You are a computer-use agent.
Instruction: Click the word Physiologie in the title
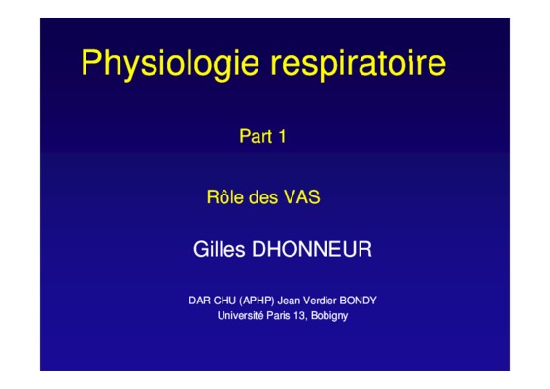[x=170, y=64]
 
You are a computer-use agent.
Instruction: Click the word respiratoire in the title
[x=359, y=64]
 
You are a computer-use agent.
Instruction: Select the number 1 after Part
[x=282, y=136]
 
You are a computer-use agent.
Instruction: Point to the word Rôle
[x=224, y=196]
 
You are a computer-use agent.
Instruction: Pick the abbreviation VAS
[x=302, y=197]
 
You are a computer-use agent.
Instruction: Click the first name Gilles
[x=220, y=249]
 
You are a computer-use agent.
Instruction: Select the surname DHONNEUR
[x=312, y=249]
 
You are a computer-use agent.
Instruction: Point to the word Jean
[x=289, y=301]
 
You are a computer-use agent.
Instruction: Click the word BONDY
[x=359, y=301]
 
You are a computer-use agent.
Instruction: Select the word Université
[x=240, y=315]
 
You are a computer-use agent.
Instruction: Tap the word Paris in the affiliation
[x=278, y=315]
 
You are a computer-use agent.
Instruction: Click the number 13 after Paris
[x=300, y=316]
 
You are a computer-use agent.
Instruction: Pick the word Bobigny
[x=329, y=316]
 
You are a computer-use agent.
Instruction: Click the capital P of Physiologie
[x=90, y=62]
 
